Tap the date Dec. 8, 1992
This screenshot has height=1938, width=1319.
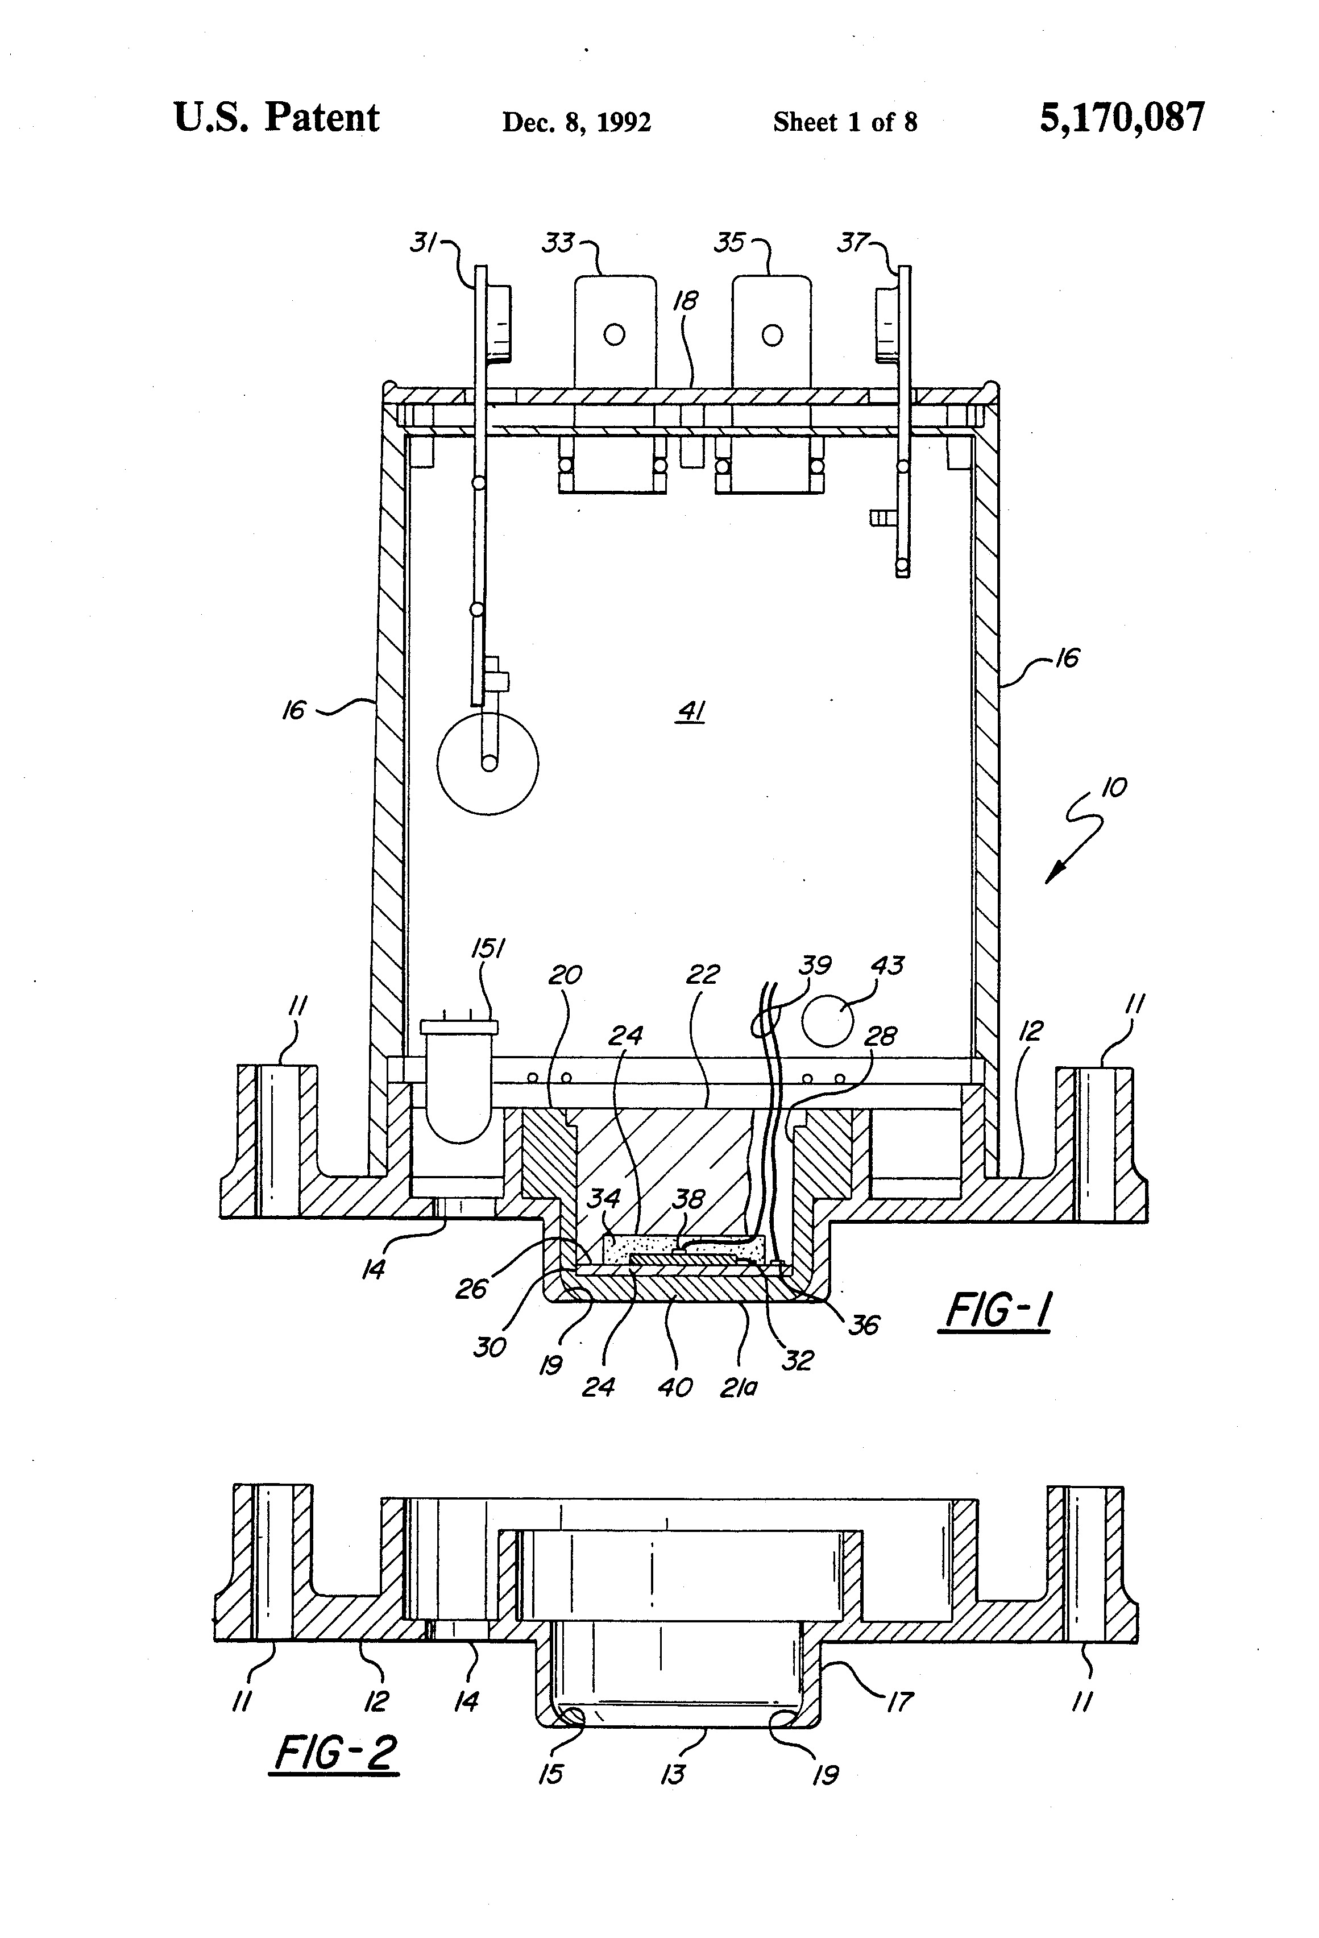tap(576, 123)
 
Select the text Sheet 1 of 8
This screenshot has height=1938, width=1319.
tap(845, 123)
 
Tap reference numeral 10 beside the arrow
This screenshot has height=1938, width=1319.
tap(1114, 787)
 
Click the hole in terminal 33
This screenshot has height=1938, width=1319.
tap(615, 336)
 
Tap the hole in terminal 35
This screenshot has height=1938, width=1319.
tap(772, 336)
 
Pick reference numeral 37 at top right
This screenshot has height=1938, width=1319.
tap(853, 243)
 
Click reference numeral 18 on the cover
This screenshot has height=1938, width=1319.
tap(685, 300)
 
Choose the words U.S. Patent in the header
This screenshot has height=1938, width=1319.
tap(276, 118)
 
